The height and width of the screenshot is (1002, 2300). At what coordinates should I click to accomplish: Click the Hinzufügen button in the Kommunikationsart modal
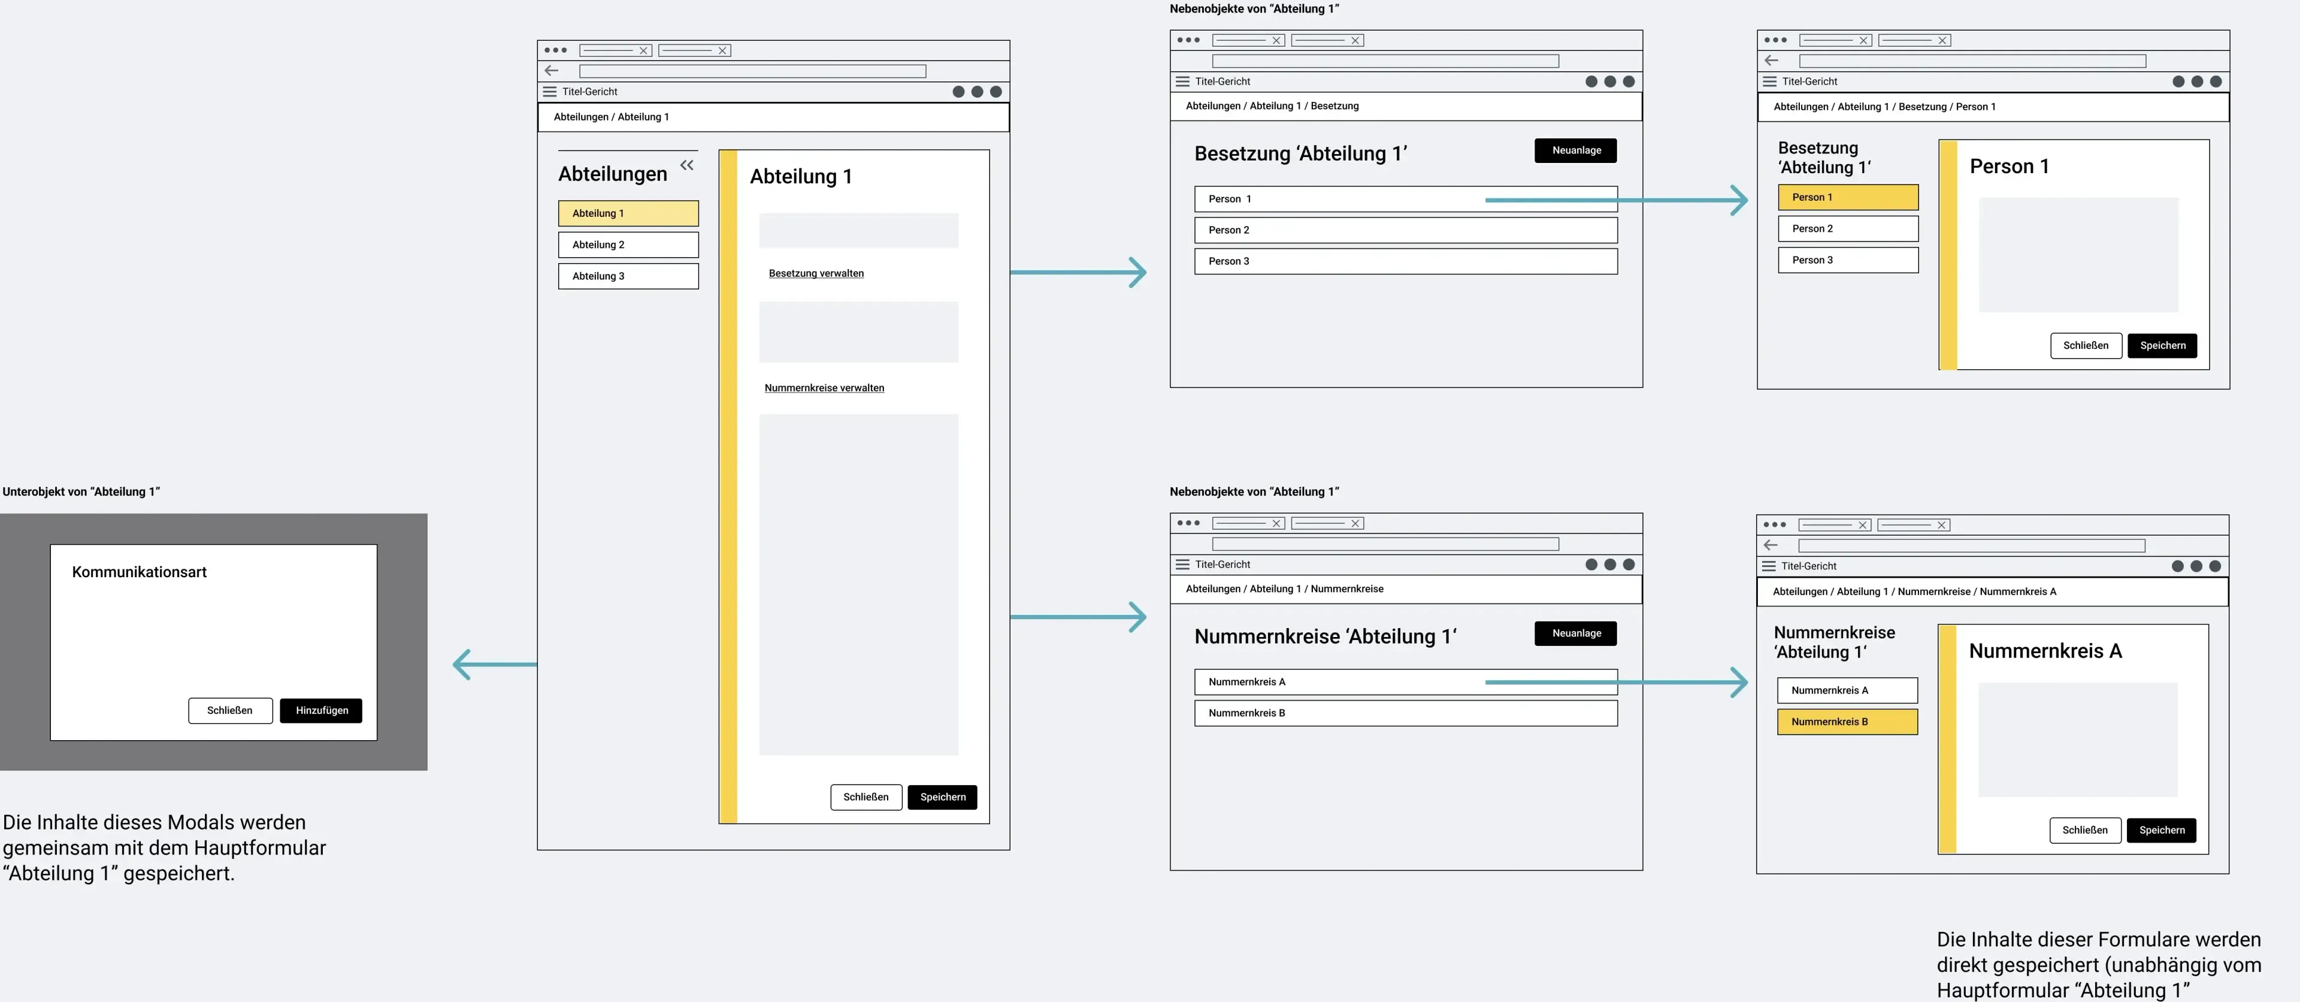[322, 710]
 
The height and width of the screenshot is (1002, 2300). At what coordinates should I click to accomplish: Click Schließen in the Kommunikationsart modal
[231, 710]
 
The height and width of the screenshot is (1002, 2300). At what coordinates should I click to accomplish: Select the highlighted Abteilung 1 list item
[628, 213]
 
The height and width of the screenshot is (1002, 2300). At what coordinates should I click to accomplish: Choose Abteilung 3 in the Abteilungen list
[628, 276]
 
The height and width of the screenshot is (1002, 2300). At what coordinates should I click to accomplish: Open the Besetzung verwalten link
[816, 273]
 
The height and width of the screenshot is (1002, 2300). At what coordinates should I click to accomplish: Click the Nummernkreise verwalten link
[824, 388]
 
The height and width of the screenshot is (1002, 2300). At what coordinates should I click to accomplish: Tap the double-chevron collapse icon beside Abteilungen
[686, 165]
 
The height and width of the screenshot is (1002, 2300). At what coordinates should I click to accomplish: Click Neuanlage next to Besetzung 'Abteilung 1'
[1576, 150]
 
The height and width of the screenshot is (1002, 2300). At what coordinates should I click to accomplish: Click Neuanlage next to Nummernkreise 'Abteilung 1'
[1576, 633]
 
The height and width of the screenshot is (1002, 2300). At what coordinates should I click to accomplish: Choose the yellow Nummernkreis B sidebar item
[1847, 722]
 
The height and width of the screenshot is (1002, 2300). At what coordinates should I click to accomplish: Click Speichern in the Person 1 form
[2162, 346]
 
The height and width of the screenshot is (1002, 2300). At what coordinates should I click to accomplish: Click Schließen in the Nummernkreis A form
[2085, 829]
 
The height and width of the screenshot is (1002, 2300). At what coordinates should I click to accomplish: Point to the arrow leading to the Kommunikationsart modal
[495, 665]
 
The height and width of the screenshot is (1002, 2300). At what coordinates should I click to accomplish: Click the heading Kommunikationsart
[140, 572]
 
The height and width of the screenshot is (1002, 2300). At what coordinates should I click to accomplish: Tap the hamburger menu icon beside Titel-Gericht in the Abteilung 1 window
[550, 92]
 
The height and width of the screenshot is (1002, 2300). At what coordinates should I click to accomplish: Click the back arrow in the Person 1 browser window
[1772, 61]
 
